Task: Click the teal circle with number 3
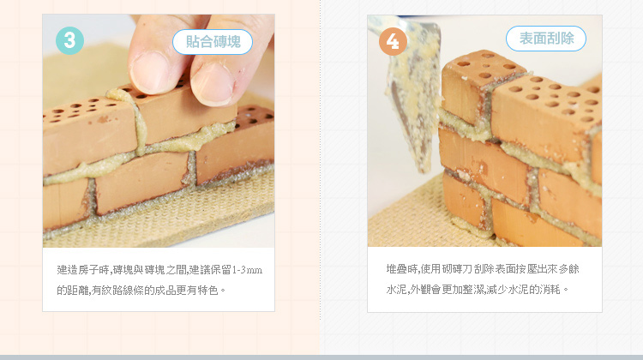click(x=69, y=40)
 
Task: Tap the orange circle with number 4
click(x=393, y=41)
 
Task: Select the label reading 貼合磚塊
click(x=213, y=42)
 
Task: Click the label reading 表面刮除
click(x=546, y=39)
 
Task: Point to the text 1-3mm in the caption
click(x=247, y=270)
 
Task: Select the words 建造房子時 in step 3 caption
click(x=83, y=270)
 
